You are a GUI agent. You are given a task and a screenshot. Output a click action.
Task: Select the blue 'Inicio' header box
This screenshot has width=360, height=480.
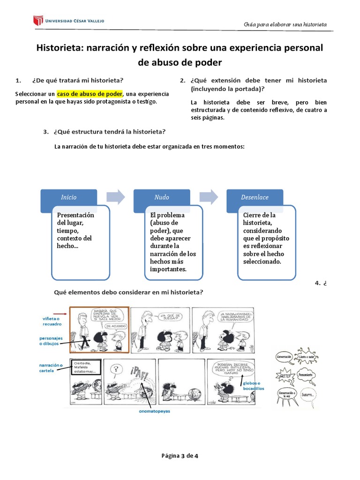point(69,197)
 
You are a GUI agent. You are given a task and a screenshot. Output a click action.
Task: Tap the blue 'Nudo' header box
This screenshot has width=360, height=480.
point(162,197)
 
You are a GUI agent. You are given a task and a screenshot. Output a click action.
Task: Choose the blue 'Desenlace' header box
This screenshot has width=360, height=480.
point(255,197)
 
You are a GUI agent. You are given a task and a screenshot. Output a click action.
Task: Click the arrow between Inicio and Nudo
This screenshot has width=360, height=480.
point(116,197)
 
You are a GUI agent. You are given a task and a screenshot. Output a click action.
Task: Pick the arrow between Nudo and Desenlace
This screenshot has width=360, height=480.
point(209,197)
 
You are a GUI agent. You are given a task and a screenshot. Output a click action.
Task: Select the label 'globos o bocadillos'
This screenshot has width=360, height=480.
point(254,386)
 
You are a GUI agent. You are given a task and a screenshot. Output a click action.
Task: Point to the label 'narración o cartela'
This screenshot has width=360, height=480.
point(49,367)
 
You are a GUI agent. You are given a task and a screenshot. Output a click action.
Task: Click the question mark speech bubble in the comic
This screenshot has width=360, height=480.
point(113,369)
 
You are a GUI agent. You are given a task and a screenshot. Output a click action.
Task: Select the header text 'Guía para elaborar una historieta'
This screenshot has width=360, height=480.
point(285,24)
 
